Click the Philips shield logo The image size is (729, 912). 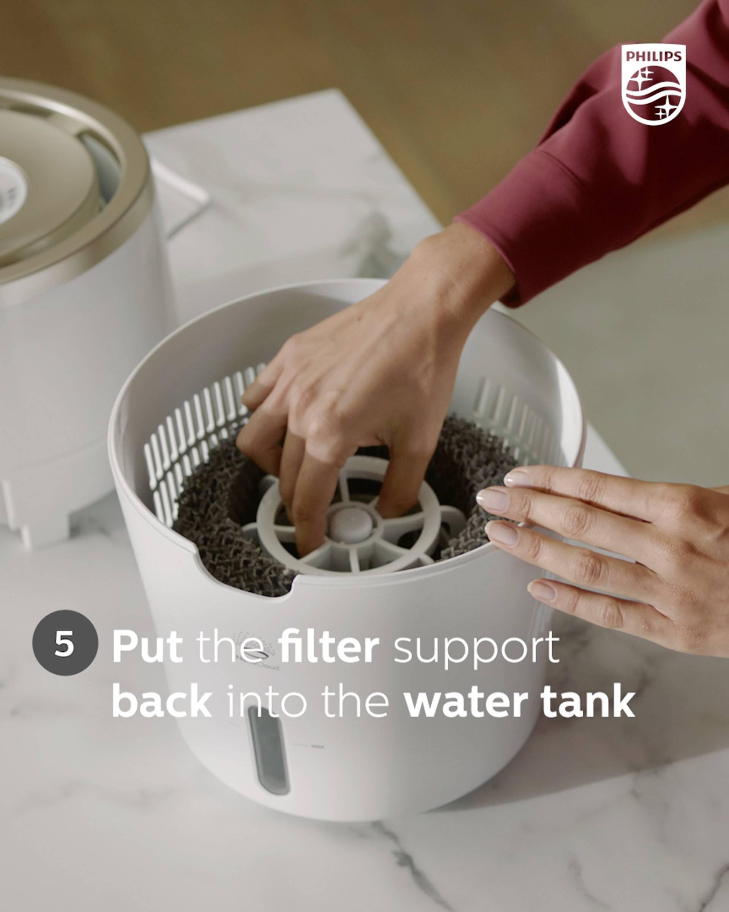point(653,85)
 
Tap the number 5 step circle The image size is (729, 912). point(65,643)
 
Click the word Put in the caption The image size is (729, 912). point(147,648)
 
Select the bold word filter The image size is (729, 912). point(329,647)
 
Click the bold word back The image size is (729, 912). point(162,703)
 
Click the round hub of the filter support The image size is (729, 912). point(351,524)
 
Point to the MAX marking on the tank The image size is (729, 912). point(317,747)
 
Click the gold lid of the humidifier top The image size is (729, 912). point(51,169)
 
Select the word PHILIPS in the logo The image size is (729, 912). point(653,56)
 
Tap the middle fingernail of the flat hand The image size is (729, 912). point(493,499)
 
